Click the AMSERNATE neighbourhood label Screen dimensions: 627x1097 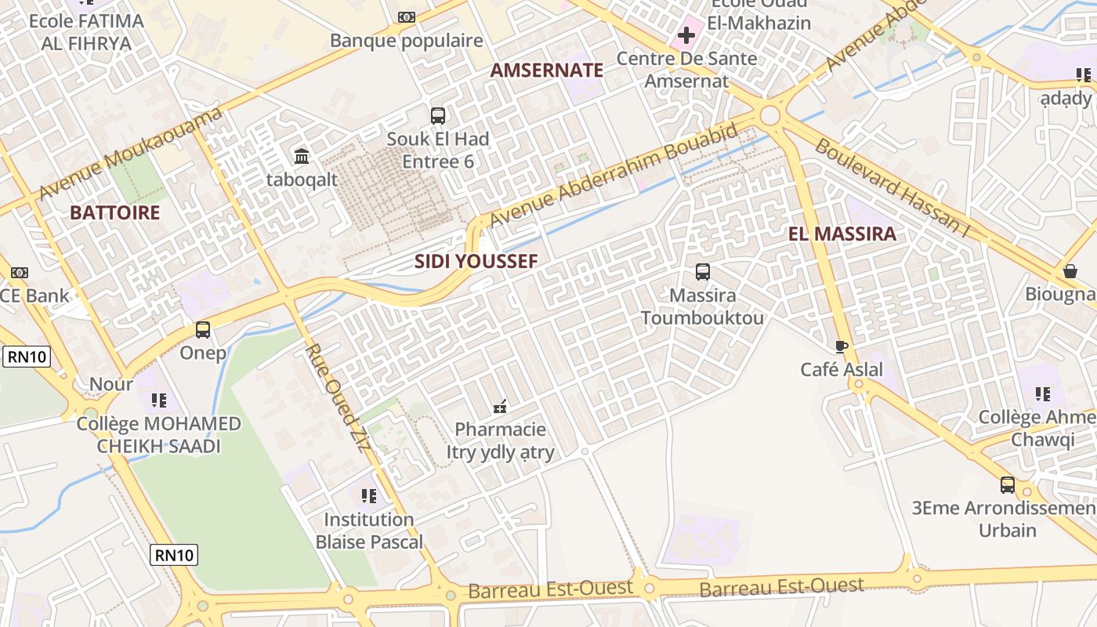pos(547,70)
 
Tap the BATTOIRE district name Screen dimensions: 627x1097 pos(114,212)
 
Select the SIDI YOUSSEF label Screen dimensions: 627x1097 pos(476,261)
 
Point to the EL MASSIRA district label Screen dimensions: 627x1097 pos(842,234)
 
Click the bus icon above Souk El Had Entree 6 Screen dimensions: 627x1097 pos(438,116)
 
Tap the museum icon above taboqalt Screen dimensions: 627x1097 pos(302,157)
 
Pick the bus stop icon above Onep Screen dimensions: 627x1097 pos(203,330)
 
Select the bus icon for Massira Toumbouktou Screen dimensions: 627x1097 pos(703,272)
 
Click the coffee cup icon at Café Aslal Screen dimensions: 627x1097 pos(842,346)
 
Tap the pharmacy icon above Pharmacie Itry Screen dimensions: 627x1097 pos(500,407)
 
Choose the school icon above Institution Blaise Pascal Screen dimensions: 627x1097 pos(369,496)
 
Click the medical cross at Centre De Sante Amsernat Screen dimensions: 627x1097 pos(686,35)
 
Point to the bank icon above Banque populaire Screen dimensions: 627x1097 pos(407,16)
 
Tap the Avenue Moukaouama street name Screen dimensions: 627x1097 pos(130,154)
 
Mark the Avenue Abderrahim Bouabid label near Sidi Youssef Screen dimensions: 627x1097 pos(612,174)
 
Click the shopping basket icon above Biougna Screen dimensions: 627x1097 pos(1070,271)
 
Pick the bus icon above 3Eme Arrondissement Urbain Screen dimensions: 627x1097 pos(1008,485)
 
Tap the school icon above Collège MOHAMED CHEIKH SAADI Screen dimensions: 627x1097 pos(159,400)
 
